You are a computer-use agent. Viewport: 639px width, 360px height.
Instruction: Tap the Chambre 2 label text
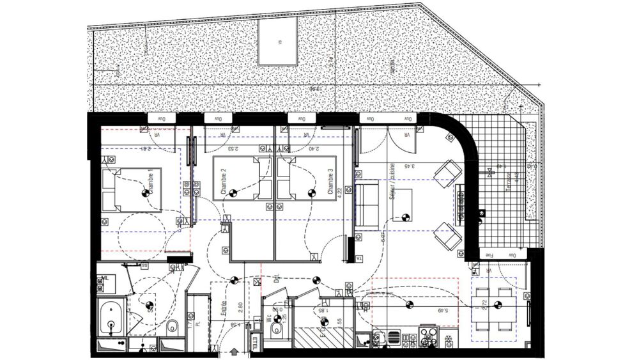pos(224,181)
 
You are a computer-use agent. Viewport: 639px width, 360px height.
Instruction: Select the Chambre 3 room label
pos(330,181)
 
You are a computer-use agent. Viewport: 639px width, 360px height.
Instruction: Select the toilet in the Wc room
pos(277,328)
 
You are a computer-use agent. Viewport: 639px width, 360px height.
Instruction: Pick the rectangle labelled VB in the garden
pos(279,41)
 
